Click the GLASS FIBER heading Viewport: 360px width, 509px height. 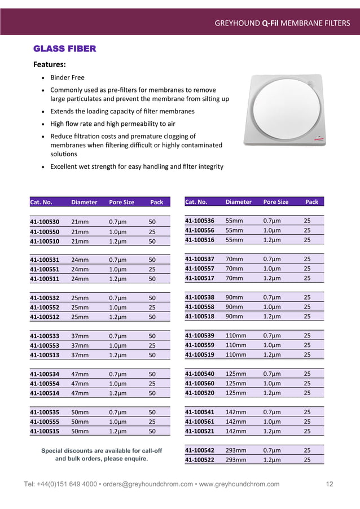[x=65, y=49]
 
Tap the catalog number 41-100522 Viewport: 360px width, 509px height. [x=200, y=460]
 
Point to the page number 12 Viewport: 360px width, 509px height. [x=330, y=484]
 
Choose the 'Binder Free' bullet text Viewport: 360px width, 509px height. [x=67, y=77]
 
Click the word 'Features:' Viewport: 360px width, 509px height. [x=50, y=64]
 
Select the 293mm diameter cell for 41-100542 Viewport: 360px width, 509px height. [x=236, y=450]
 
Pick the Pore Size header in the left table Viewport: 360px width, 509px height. [x=121, y=202]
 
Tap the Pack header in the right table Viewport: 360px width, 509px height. [x=311, y=201]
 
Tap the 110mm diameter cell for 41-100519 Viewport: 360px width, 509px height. [x=236, y=355]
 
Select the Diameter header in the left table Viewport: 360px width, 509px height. [x=84, y=202]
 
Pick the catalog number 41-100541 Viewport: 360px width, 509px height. [x=200, y=412]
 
